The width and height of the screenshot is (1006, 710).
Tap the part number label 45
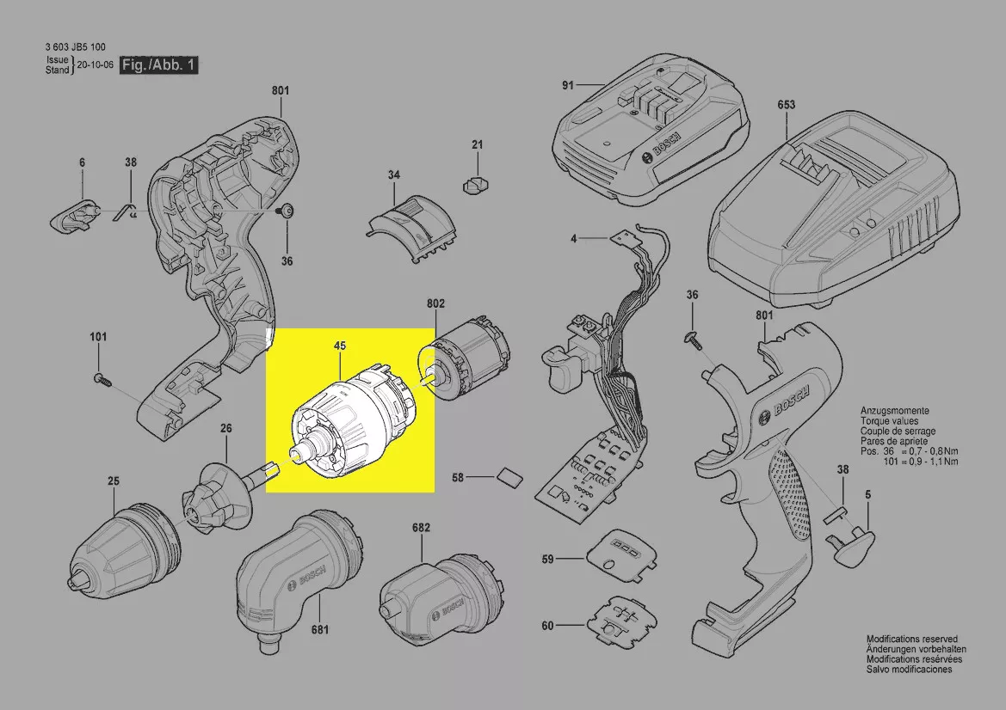click(340, 346)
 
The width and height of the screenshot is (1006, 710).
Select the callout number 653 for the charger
click(786, 105)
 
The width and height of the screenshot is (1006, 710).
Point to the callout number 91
click(568, 84)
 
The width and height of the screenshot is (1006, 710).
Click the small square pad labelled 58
click(508, 477)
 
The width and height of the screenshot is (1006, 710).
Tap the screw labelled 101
click(102, 379)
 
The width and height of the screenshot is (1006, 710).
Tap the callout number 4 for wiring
click(574, 239)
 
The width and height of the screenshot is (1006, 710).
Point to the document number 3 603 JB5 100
click(76, 46)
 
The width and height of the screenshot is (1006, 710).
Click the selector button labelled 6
click(75, 213)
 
